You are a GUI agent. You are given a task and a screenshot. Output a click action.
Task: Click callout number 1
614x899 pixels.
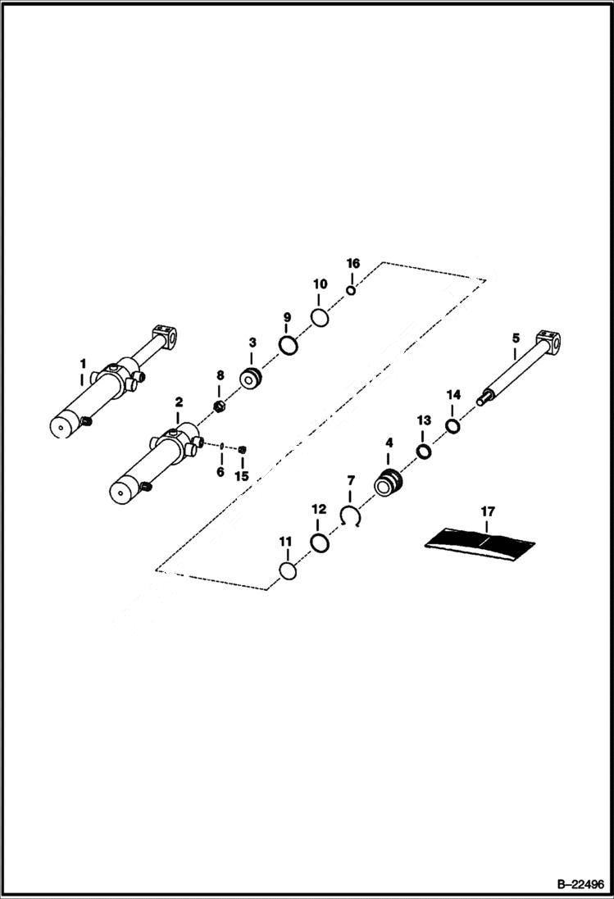pos(82,362)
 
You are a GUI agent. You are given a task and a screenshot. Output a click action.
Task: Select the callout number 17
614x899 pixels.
pos(488,511)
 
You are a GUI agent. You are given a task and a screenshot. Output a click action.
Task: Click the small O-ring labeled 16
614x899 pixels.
pos(351,289)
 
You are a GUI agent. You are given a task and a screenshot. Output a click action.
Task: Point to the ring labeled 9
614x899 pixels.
pos(287,346)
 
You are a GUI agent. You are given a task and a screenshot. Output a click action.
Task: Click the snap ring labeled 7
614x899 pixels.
pos(351,517)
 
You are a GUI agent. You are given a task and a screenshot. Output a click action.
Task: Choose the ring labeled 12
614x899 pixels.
pos(319,543)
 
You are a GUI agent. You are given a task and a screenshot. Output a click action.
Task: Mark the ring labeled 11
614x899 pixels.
pos(285,570)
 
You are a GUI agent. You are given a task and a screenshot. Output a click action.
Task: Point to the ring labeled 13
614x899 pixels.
pos(423,452)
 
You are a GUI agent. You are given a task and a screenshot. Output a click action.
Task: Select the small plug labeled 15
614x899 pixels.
pos(243,448)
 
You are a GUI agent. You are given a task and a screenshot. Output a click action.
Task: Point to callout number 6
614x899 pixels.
pos(220,471)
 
